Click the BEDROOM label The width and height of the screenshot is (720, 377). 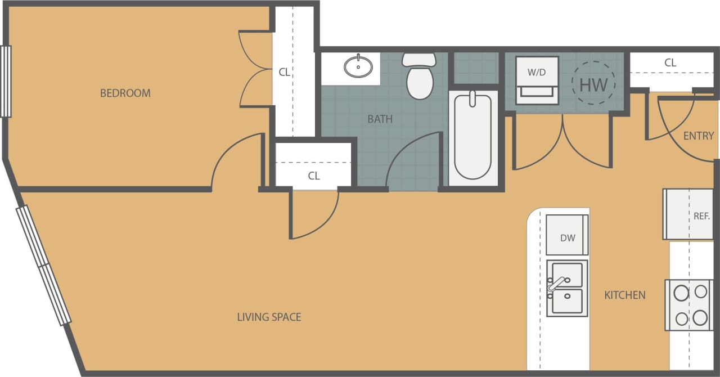[x=125, y=93]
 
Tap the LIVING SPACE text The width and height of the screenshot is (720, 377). [x=269, y=317]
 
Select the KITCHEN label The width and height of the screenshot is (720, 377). [x=624, y=295]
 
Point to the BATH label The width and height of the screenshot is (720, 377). [x=380, y=119]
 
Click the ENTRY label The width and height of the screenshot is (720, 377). [x=698, y=136]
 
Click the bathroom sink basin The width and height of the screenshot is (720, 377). [x=358, y=66]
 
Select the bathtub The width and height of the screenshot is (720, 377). [x=472, y=137]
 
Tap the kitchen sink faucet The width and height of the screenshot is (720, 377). [x=557, y=284]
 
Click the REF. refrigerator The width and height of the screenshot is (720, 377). [x=688, y=214]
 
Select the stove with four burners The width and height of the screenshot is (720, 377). [x=690, y=305]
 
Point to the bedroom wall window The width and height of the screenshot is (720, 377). [x=6, y=81]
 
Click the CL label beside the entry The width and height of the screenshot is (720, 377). [x=670, y=63]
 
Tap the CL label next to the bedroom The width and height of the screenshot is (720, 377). [x=285, y=72]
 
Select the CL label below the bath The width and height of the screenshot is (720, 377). [x=313, y=176]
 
